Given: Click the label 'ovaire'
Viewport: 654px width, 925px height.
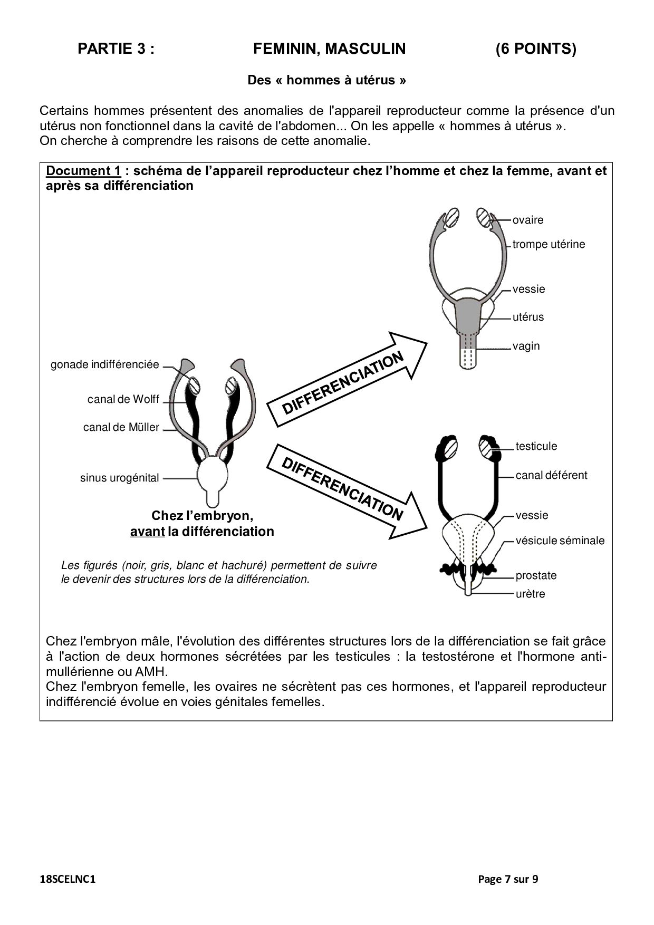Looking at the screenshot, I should (527, 220).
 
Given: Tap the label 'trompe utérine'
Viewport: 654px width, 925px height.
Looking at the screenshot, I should (549, 244).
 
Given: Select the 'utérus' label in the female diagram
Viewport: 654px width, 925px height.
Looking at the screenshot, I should (528, 317).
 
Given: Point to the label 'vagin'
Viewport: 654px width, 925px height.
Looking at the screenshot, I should (526, 346).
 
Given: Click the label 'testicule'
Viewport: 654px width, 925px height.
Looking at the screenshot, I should (536, 446).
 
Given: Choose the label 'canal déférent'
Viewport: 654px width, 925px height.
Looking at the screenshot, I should (551, 475).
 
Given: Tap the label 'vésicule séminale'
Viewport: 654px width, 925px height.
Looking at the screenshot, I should (560, 541).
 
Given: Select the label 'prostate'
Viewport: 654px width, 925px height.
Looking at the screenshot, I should (536, 575).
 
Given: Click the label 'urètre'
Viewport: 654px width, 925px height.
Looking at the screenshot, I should (530, 594).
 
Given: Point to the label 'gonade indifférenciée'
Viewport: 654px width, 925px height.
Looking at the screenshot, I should (104, 364).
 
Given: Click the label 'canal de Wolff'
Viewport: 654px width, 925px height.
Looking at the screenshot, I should (123, 399).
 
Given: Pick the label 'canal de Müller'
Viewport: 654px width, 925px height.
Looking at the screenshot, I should (121, 427).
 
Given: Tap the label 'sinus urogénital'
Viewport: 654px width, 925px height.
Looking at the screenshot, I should (119, 478).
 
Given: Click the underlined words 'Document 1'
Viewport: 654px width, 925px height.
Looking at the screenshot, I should (83, 171).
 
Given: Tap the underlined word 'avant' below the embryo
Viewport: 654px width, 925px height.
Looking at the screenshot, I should (147, 531).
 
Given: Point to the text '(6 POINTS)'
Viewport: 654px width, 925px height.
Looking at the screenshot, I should (535, 49).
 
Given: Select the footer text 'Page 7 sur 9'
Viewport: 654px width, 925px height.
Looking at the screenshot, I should (508, 879).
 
